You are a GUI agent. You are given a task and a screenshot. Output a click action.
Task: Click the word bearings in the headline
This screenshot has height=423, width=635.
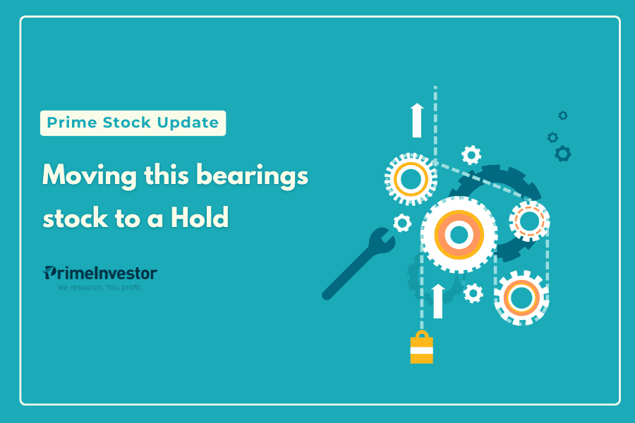click(x=253, y=176)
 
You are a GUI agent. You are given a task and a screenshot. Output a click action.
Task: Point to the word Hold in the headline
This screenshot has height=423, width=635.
click(x=200, y=217)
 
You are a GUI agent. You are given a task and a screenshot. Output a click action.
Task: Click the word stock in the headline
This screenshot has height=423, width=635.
click(x=75, y=218)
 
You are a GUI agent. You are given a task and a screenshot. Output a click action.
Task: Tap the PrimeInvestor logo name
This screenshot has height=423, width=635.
click(x=100, y=274)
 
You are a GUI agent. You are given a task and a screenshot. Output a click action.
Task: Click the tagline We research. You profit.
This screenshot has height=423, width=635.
click(x=99, y=288)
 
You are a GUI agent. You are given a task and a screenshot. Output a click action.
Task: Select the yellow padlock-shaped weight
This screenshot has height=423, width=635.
click(x=422, y=348)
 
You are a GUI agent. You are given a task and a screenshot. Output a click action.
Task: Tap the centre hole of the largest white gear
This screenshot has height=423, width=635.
click(x=459, y=234)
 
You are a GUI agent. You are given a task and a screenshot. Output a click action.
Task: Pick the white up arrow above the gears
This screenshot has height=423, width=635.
click(x=417, y=121)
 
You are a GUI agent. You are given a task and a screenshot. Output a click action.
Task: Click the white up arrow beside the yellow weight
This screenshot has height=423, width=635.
click(x=437, y=301)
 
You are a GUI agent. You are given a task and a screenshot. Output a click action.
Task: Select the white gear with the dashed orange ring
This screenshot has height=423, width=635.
click(x=529, y=221)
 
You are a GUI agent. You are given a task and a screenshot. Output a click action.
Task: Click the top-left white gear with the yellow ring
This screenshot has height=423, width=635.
click(x=411, y=179)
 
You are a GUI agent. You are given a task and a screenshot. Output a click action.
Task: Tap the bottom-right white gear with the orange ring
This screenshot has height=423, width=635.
click(x=521, y=298)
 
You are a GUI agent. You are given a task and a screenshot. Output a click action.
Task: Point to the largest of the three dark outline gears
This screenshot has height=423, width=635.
click(x=563, y=154)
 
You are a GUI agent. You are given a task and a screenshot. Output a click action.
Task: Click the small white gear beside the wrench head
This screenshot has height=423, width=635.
click(x=402, y=223)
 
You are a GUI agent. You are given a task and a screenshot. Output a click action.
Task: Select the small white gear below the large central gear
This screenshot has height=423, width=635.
click(x=473, y=293)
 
